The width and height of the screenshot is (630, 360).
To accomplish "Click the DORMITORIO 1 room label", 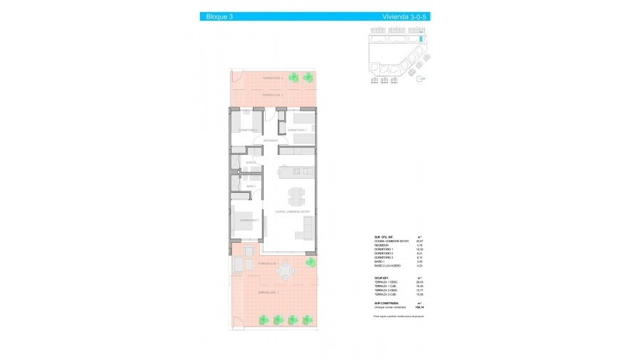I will (x=249, y=221).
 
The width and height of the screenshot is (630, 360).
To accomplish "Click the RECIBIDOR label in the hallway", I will (x=270, y=141).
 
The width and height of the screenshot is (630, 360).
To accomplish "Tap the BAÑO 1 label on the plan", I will (x=251, y=186).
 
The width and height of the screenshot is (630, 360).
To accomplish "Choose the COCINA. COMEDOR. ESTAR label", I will (x=293, y=212).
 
